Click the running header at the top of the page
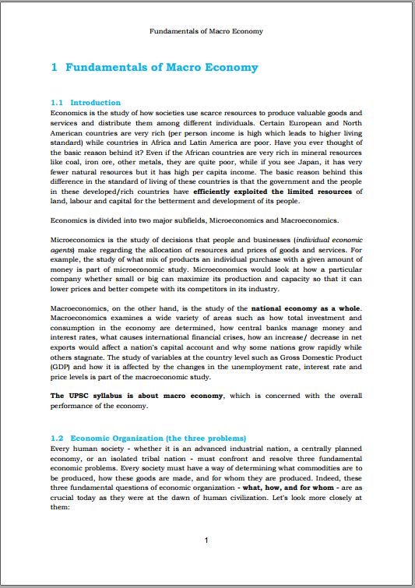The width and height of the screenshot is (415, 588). click(x=206, y=31)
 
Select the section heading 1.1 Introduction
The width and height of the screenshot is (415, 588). click(x=85, y=103)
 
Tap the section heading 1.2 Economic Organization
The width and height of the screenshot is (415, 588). click(x=148, y=438)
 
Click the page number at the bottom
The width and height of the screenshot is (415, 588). click(x=206, y=540)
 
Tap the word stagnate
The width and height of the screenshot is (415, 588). click(x=99, y=354)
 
